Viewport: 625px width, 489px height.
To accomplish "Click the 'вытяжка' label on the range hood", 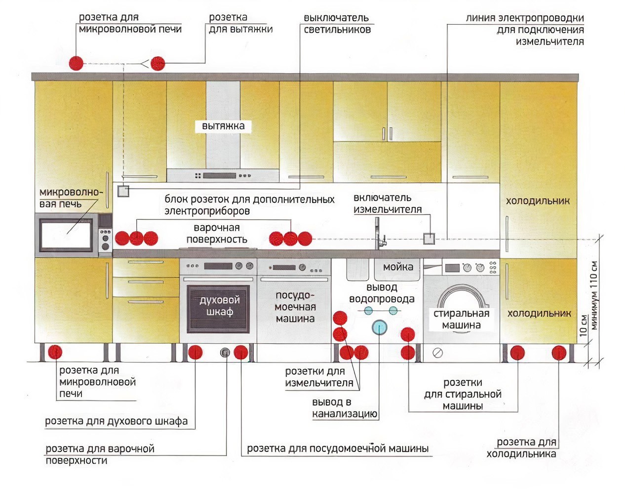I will (x=223, y=126).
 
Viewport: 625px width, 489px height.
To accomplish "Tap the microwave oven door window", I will (x=66, y=235).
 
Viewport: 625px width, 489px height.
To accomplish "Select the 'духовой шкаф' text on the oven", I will (x=219, y=306).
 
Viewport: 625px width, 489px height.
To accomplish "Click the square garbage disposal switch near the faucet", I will (x=429, y=239).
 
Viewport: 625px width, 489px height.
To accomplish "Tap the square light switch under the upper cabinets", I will (x=123, y=191).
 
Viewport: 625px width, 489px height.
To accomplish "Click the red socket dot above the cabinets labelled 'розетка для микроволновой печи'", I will (x=76, y=63).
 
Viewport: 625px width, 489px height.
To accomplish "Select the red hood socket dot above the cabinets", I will (x=157, y=63).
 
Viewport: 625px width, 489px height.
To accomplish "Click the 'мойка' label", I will (x=398, y=267).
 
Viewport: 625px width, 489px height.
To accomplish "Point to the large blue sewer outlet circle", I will (x=379, y=327).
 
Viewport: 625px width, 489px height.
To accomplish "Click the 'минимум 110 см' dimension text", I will (x=594, y=295).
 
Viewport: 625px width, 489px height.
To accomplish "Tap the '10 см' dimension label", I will (x=583, y=326).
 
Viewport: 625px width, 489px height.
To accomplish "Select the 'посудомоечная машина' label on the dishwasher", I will (x=295, y=307).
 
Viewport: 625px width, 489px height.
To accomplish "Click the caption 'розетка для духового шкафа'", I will (x=117, y=421).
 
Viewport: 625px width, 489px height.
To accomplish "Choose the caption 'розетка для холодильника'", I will (x=522, y=448).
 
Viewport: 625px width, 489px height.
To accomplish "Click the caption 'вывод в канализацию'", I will (x=345, y=408).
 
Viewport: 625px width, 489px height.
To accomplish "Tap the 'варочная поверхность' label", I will (x=217, y=234).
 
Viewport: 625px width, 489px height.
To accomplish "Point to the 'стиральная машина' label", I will (x=461, y=319).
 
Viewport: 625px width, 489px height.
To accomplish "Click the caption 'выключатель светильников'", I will (x=337, y=24).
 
